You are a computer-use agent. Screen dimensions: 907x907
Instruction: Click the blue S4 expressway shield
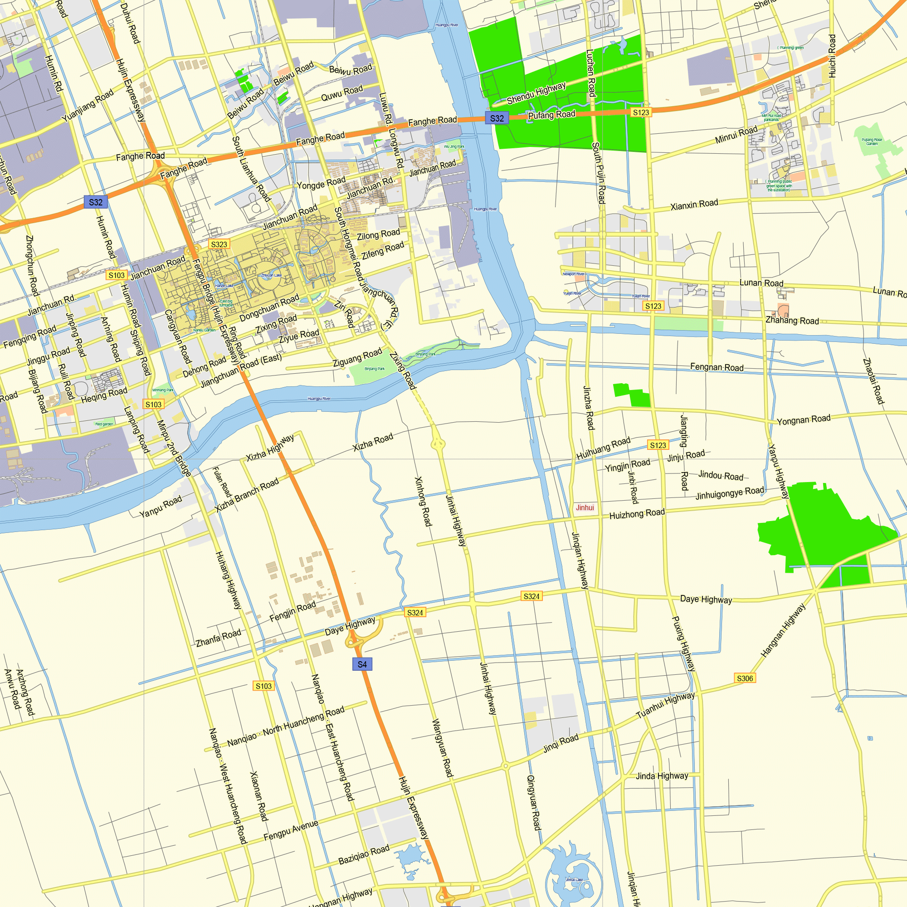pos(362,664)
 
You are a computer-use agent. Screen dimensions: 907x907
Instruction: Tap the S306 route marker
pos(745,678)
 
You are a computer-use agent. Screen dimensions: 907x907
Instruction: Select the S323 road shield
pos(219,244)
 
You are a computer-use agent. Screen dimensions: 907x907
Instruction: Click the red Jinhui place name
pos(585,507)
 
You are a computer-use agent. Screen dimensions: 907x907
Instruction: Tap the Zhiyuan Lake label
pos(271,275)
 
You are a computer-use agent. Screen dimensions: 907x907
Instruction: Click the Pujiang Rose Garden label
pos(872,141)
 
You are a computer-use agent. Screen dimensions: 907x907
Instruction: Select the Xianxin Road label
pos(694,205)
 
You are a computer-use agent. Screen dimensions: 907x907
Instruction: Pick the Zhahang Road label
pos(792,320)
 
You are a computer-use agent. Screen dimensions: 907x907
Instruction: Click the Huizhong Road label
pos(637,514)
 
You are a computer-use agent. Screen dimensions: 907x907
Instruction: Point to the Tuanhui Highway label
pos(665,705)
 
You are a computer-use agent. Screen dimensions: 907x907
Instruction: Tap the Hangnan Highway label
pos(783,630)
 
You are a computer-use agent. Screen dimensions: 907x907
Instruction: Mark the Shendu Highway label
pos(536,93)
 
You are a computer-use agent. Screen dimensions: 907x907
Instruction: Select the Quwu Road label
pos(342,93)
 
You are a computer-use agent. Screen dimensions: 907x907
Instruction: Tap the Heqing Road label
pos(104,395)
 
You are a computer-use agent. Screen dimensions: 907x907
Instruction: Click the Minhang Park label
pos(163,390)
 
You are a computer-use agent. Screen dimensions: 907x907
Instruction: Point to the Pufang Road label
pos(551,115)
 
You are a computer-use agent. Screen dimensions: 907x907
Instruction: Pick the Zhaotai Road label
pos(873,381)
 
